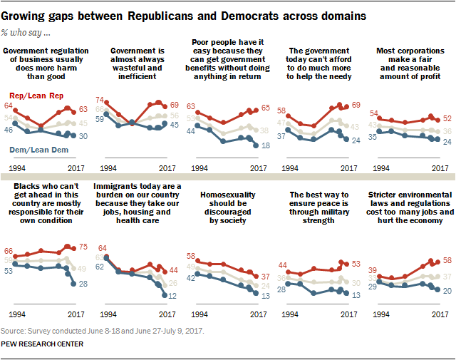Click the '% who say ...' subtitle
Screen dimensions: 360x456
click(28, 32)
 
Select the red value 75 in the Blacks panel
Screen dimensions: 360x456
click(84, 249)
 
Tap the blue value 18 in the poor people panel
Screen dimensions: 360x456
click(264, 145)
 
